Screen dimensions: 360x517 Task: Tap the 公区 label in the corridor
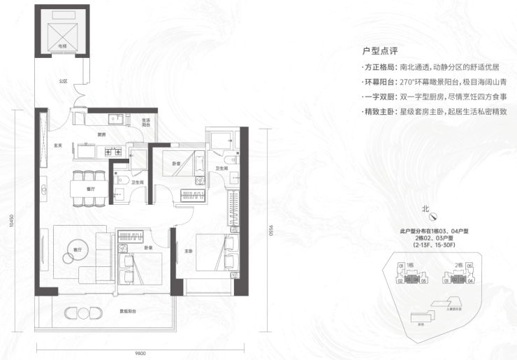click(64, 81)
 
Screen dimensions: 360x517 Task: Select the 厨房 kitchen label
click(101, 135)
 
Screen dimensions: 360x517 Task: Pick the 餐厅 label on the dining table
click(89, 188)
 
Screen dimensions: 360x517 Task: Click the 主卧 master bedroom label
click(189, 252)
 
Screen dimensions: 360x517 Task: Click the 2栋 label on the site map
click(458, 266)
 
